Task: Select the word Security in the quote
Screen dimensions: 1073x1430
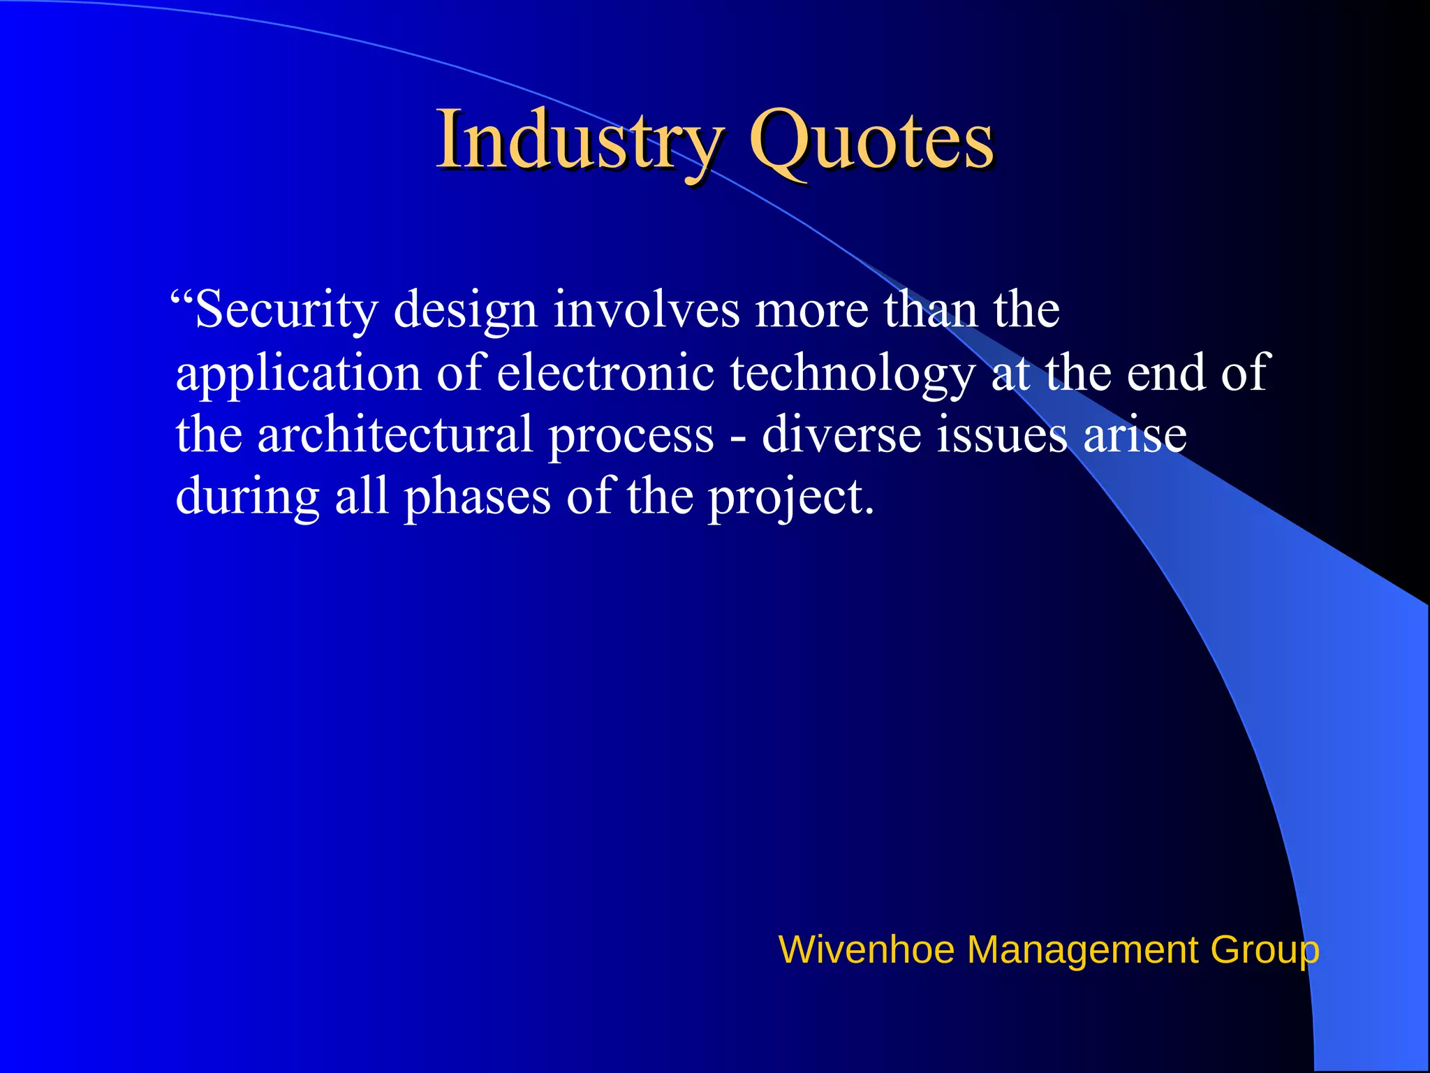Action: point(286,309)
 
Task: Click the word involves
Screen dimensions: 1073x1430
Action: point(646,309)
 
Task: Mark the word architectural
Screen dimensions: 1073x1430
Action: point(395,434)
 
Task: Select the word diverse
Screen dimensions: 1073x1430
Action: point(841,434)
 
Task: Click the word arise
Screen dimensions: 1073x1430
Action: point(1135,434)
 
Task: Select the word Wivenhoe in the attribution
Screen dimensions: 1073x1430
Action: point(866,950)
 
